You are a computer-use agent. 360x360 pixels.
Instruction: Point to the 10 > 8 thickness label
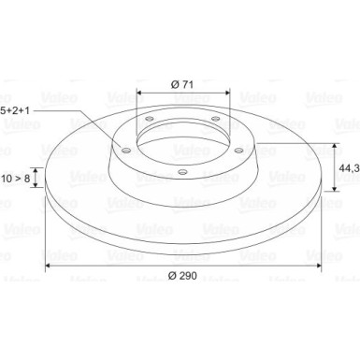pos(16,175)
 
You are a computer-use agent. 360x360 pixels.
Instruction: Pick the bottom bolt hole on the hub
pos(181,171)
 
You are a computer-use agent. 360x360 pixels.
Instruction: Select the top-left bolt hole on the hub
pos(150,119)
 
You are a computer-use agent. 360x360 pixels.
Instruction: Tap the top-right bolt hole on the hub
pos(215,118)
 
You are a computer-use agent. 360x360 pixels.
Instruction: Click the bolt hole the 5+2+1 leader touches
pos(128,146)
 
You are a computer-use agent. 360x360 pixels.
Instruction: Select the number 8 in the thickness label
pos(28,175)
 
